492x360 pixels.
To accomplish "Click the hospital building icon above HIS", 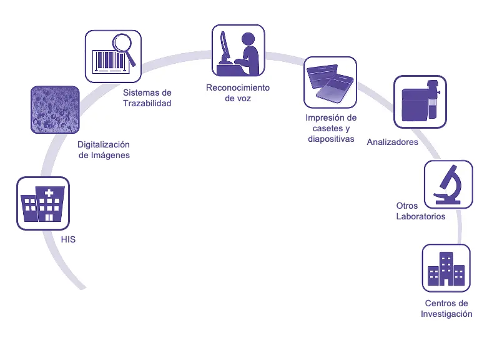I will pos(42,202).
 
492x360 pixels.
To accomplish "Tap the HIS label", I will pos(68,239).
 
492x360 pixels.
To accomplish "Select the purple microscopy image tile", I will pos(55,110).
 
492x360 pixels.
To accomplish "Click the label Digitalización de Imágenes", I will pos(104,149).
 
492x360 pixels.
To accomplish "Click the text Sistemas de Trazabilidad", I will pos(147,98).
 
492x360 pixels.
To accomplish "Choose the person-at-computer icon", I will pos(238,51).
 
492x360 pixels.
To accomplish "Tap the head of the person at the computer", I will pos(248,38).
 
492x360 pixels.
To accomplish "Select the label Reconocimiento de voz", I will pos(238,92).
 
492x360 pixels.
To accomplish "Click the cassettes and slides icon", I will pos(330,82).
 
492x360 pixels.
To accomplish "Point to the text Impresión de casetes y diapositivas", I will pos(331,128).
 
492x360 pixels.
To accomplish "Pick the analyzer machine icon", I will pos(420,102).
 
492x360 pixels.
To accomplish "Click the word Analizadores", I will pos(393,142).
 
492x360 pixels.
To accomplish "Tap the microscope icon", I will pos(448,184).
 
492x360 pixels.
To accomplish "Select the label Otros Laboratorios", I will pos(420,211).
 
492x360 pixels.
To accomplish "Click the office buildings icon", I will pos(446,267).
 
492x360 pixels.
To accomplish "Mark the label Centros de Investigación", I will pos(446,309).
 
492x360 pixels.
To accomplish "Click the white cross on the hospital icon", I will pos(49,192).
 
